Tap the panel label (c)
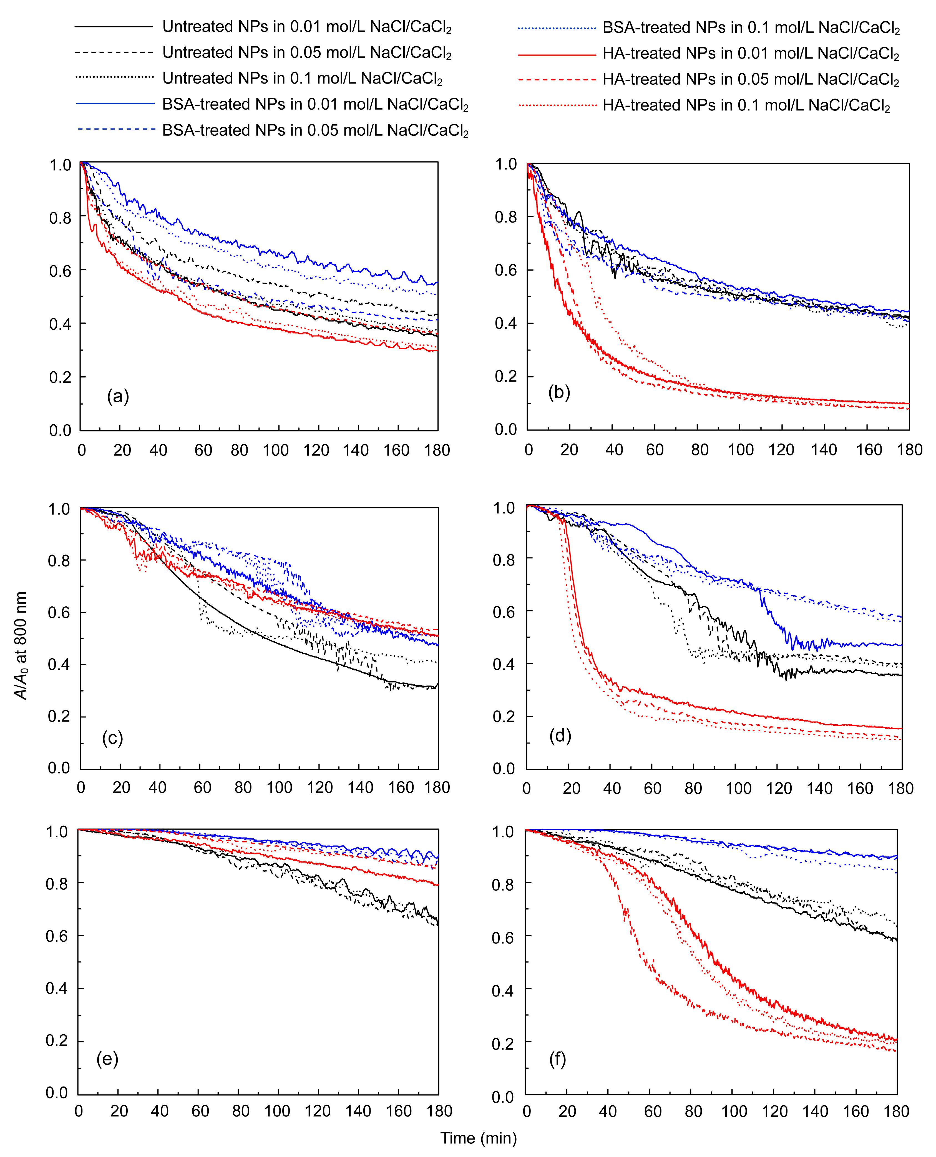click(x=113, y=738)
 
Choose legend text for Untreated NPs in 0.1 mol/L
click(x=303, y=79)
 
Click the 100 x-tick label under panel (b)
click(x=741, y=450)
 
